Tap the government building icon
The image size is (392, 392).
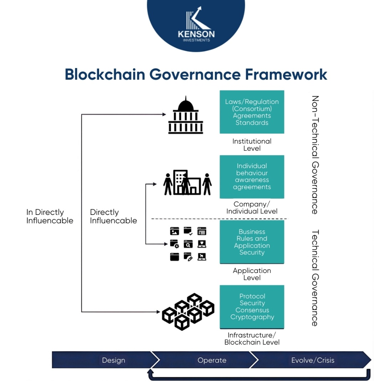(x=186, y=115)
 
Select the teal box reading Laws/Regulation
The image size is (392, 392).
(x=252, y=112)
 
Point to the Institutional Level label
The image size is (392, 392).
(x=252, y=145)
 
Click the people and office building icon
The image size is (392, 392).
(x=187, y=182)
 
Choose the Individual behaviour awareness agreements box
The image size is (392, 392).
(x=252, y=177)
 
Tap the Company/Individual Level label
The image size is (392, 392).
(x=252, y=207)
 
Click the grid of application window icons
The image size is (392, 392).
(x=188, y=244)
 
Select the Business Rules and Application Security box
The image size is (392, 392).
(x=252, y=242)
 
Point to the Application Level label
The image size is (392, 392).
(x=252, y=274)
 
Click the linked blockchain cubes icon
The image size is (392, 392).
(x=188, y=311)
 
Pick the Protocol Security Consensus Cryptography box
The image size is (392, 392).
(x=252, y=307)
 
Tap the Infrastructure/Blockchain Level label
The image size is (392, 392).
(x=252, y=339)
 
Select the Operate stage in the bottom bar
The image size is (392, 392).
(x=212, y=360)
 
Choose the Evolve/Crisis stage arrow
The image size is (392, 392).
(x=313, y=360)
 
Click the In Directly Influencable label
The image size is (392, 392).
(x=50, y=216)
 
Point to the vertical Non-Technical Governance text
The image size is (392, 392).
(x=315, y=155)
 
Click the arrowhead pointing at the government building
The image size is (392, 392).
(x=164, y=114)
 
